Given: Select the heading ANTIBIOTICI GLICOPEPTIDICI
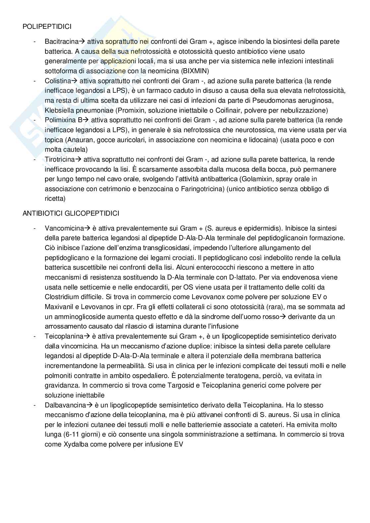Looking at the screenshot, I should tap(71, 213).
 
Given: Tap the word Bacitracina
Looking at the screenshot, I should tap(61, 41).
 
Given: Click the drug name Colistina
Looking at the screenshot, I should tap(58, 81).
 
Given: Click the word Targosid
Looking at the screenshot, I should tap(154, 385).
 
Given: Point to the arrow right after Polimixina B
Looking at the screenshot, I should tap(85, 120).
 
